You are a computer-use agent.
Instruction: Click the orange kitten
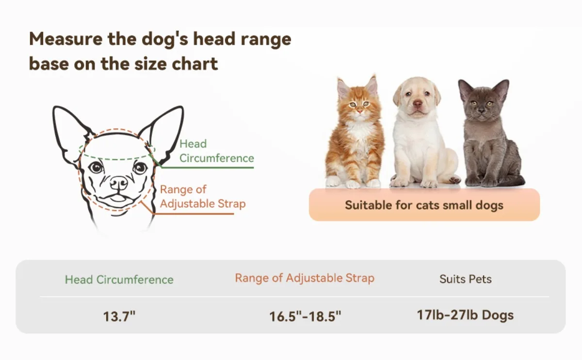tap(355, 132)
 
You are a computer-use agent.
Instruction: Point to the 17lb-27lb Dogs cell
tap(465, 315)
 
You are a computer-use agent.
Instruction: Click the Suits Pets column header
tap(465, 279)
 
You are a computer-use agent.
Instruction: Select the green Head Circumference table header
tap(119, 279)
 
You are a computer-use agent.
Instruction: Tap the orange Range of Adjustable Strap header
tap(305, 278)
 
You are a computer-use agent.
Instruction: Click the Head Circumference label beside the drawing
tap(216, 151)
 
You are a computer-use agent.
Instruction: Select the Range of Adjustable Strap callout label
tap(203, 197)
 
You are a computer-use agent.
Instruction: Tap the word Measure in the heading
tap(66, 39)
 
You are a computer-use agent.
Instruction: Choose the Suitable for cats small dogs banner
tap(424, 205)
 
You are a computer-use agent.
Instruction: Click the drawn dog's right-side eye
tap(140, 168)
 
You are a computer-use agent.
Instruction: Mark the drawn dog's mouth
tap(117, 198)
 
